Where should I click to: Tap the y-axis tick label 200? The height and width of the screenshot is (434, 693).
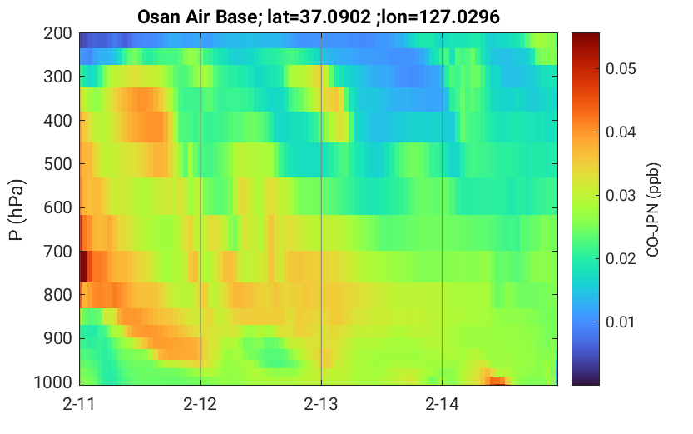[57, 33]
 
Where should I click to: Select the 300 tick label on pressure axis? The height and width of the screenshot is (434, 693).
[57, 77]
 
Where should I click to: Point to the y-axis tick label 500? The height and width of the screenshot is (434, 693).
[57, 164]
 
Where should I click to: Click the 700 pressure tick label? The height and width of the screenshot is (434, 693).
[57, 252]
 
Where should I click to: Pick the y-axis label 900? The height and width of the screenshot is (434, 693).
[57, 338]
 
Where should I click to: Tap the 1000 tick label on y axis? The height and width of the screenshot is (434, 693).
[53, 382]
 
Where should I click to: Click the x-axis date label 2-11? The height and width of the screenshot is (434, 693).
[79, 404]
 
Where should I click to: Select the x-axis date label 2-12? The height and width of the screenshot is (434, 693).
[200, 404]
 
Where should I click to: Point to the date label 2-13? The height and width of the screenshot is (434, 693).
[321, 404]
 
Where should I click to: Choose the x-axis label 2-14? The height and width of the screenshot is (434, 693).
[442, 404]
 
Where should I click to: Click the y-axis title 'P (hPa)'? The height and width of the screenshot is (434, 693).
[17, 210]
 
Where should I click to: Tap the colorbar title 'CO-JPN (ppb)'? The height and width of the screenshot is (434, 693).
[653, 210]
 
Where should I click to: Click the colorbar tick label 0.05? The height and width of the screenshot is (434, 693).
[621, 69]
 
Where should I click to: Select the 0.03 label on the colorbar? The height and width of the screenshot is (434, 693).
[621, 196]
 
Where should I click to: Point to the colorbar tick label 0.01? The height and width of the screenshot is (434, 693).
[621, 322]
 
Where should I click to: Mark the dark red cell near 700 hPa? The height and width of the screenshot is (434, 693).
[83, 267]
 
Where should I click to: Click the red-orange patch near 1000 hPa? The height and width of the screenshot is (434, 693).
[497, 381]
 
